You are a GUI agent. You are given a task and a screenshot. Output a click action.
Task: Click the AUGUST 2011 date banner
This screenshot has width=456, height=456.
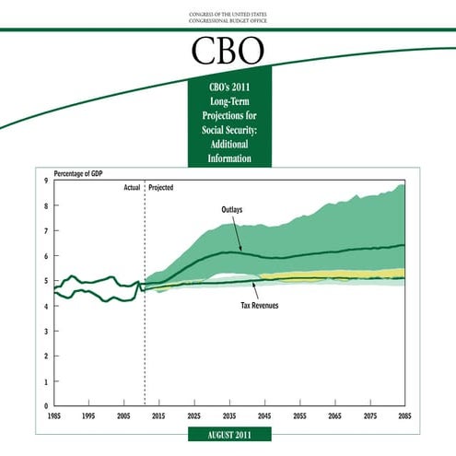coord(228,434)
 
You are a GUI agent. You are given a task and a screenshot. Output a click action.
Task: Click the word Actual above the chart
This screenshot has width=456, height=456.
coord(132,187)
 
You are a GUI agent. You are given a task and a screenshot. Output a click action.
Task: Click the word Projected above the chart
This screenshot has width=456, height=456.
coord(161,187)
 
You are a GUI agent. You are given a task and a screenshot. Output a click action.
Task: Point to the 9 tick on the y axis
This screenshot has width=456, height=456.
coord(47,181)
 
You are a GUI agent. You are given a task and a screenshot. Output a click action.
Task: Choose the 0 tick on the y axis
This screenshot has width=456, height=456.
coord(47,405)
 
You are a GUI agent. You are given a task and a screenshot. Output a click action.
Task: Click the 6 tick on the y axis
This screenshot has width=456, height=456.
coord(47,256)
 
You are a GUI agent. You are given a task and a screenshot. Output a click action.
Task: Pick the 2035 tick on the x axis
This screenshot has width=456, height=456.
coord(229,416)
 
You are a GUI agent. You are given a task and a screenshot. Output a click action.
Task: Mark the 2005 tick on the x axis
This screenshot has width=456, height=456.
coord(123,416)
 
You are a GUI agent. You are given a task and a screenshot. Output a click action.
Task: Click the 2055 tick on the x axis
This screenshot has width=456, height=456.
coord(299,416)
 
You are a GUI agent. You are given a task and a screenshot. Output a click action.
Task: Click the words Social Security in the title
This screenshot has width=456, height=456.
coord(228,132)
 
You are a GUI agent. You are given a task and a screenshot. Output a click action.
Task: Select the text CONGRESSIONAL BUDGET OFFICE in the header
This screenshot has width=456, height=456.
coord(228,21)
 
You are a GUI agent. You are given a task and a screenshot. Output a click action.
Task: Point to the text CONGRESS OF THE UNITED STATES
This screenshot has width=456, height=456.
coord(228,14)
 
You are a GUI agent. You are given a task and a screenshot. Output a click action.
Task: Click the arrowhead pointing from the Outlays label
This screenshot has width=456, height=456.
coord(241,250)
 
